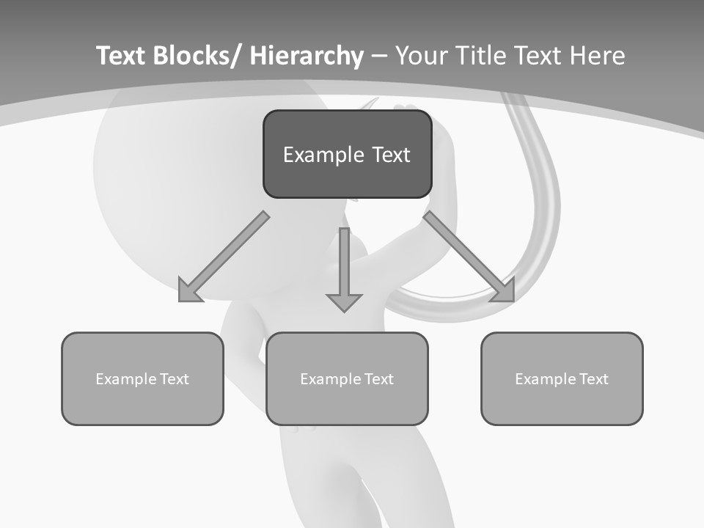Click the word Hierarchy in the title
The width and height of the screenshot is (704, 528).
click(x=307, y=56)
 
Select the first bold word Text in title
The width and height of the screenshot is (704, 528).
click(x=121, y=56)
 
